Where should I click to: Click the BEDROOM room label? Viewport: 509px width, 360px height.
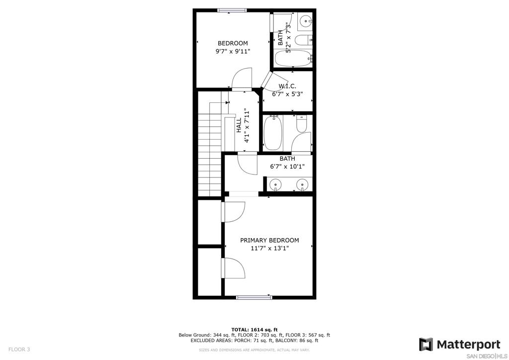click(x=233, y=43)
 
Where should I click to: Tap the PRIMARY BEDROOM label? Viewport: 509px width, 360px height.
click(x=269, y=240)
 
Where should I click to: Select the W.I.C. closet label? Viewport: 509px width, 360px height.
click(x=287, y=86)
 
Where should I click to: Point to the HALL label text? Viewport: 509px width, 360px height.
click(x=239, y=125)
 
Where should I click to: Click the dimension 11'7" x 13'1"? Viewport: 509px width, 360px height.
click(x=269, y=248)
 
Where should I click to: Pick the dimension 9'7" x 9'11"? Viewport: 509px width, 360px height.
click(x=233, y=51)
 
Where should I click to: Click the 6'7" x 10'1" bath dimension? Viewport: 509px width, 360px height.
click(x=287, y=167)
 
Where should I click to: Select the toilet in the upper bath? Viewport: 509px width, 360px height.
click(x=303, y=40)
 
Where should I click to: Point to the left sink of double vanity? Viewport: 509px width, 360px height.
click(x=275, y=184)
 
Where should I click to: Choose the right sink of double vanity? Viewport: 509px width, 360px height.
click(x=302, y=184)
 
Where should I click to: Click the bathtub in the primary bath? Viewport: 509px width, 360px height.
click(x=273, y=133)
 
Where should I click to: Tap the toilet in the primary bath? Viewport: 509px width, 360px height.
click(x=302, y=124)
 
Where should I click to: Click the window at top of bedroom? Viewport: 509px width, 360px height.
click(x=232, y=10)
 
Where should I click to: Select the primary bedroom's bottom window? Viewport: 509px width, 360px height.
click(x=254, y=297)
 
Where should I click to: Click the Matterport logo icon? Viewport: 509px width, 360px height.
click(x=426, y=345)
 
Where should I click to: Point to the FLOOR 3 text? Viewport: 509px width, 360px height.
click(x=19, y=350)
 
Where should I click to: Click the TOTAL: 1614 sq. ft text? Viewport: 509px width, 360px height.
click(x=254, y=330)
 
